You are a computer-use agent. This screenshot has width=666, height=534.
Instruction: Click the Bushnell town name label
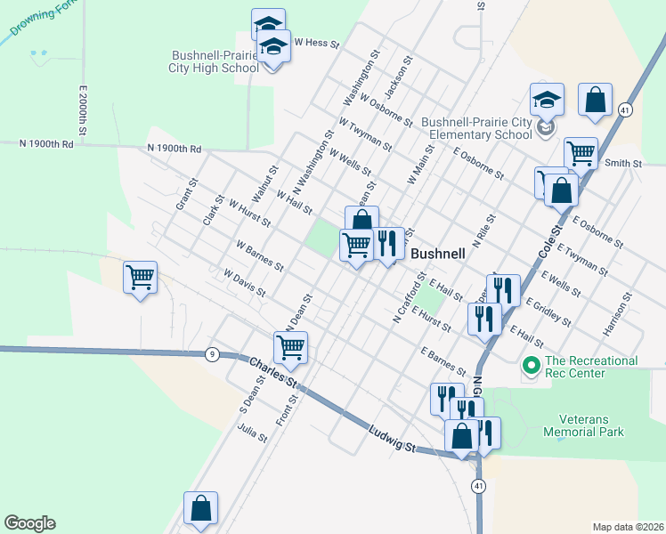438,254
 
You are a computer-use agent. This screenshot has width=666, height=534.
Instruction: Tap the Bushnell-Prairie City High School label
215,61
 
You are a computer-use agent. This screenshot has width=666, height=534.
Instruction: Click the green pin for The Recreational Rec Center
531,365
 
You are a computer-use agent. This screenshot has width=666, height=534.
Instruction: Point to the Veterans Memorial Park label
591,425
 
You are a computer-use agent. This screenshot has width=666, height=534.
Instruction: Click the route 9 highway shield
211,354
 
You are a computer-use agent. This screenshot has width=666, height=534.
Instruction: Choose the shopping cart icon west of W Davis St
141,279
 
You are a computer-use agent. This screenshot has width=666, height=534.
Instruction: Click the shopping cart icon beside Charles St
291,348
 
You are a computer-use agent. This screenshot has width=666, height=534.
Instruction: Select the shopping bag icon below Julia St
201,508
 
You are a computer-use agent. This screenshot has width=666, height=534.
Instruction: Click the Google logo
29,523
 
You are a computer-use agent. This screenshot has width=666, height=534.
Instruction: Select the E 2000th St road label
82,111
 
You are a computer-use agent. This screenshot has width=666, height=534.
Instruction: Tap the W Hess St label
313,42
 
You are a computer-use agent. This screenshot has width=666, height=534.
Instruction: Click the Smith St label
623,163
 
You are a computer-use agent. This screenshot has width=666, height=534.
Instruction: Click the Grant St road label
185,192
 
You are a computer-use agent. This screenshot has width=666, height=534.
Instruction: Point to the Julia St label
253,433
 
